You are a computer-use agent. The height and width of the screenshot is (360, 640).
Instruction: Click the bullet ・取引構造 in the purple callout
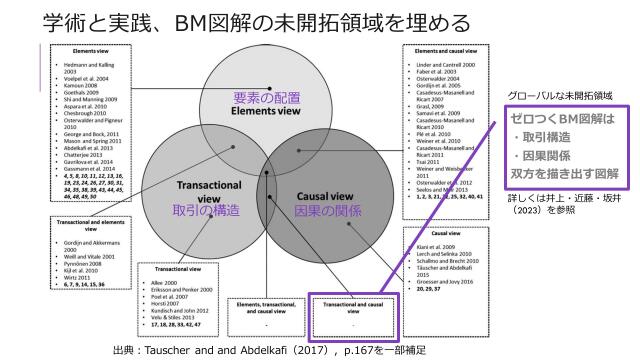click(x=546, y=136)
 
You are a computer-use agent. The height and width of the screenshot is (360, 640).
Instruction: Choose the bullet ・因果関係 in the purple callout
click(x=546, y=155)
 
